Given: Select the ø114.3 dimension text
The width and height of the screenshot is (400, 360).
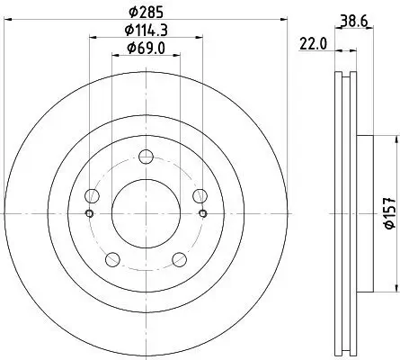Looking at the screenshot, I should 146,31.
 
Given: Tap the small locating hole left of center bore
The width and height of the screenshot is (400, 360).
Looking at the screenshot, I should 89,213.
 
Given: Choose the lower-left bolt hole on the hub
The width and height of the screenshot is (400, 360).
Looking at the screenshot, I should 112,259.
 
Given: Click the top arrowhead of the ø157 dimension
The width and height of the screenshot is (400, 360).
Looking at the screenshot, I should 394,139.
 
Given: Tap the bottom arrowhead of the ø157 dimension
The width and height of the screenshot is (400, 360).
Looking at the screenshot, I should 394,288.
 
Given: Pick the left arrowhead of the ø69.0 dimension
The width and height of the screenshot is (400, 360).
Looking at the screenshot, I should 114,56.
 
